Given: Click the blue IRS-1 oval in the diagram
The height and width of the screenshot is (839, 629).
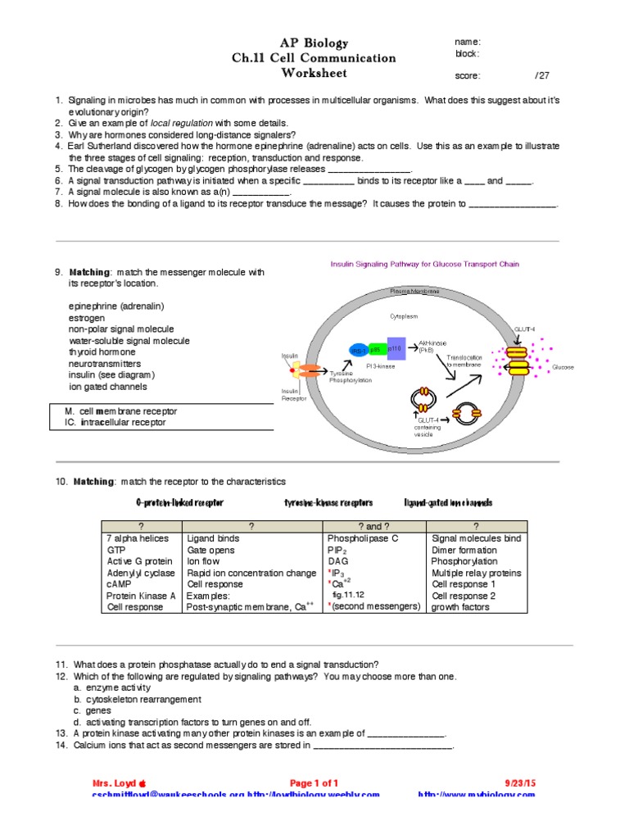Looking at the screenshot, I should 359,350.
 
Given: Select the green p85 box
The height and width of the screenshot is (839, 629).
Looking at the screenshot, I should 376,349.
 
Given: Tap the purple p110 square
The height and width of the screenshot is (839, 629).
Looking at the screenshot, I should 396,348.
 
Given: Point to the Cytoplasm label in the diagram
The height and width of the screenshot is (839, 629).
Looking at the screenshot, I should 402,315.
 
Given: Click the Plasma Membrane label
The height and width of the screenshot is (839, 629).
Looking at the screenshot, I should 413,292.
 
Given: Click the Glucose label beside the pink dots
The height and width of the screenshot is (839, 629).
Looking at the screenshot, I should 563,367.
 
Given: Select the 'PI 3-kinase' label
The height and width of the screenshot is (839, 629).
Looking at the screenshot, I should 381,366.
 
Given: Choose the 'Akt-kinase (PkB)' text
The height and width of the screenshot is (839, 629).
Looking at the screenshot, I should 432,347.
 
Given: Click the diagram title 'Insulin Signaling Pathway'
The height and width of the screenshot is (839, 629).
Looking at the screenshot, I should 424,264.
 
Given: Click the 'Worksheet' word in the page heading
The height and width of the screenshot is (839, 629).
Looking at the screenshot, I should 314,73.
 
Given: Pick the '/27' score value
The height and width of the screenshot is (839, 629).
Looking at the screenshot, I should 541,75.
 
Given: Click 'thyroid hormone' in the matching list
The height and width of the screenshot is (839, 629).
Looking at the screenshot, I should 102,351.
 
